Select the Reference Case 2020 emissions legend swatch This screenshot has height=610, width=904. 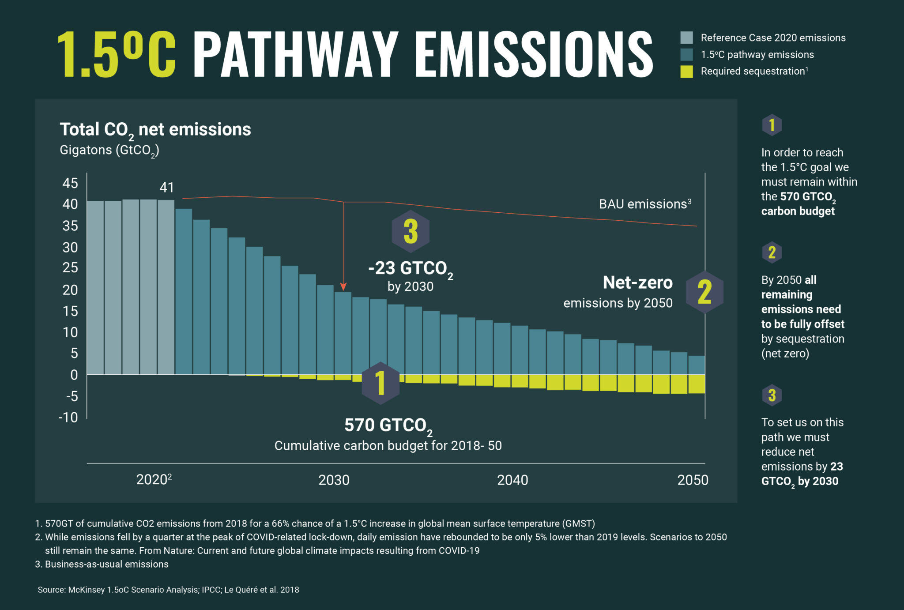click(x=686, y=38)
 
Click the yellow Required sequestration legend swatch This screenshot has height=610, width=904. click(x=686, y=72)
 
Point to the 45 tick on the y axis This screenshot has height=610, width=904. click(x=70, y=183)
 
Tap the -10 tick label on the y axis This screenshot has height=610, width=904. click(x=68, y=417)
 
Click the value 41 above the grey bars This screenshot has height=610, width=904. click(x=166, y=188)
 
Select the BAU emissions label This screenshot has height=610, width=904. click(x=644, y=204)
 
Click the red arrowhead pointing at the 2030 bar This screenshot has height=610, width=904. click(x=343, y=287)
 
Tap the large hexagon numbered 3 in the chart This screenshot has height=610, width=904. click(x=411, y=231)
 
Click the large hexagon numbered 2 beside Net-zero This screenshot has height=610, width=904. click(x=704, y=292)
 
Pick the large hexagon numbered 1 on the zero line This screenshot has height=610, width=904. click(x=380, y=383)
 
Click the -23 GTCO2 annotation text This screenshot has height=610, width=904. click(x=411, y=268)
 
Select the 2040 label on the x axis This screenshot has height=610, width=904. click(x=512, y=480)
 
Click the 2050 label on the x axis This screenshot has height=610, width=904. click(x=692, y=480)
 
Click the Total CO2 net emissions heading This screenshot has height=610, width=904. click(x=155, y=130)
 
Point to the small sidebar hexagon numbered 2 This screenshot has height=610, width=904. click(x=772, y=252)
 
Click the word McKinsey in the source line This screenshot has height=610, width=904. click(x=87, y=590)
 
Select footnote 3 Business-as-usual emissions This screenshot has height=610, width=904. click(x=106, y=564)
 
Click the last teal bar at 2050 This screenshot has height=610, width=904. click(x=696, y=365)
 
